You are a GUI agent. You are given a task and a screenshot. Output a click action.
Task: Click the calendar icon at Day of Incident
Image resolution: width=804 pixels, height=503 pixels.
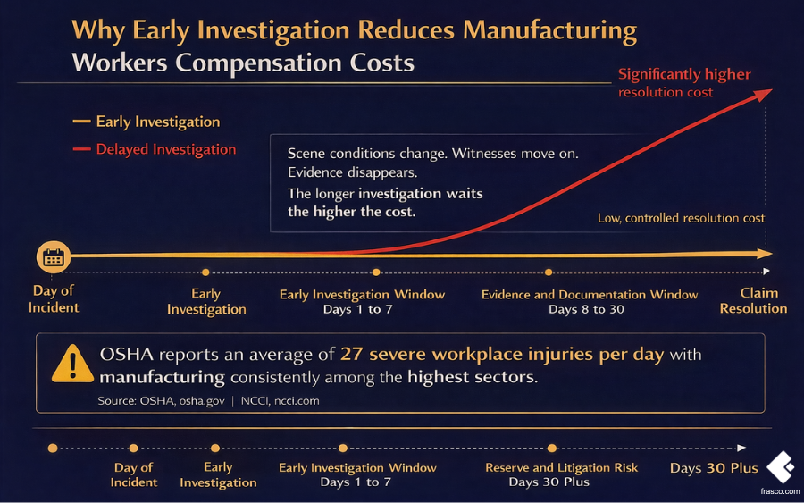[x=54, y=258]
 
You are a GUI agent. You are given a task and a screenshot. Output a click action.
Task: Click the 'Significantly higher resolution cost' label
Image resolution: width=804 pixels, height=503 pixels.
[x=684, y=82]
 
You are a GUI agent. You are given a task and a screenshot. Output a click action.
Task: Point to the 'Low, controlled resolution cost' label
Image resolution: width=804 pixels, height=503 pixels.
[x=681, y=218]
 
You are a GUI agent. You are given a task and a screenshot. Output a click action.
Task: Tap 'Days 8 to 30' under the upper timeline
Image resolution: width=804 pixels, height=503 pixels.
[x=586, y=309]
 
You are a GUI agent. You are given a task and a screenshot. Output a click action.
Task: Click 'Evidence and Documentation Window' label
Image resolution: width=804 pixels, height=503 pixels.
[x=590, y=294]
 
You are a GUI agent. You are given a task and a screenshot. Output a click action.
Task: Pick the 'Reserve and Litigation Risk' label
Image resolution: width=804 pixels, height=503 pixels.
[x=562, y=467]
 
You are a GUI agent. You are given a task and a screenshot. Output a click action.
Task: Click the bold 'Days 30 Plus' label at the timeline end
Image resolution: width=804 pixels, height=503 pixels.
[x=714, y=468]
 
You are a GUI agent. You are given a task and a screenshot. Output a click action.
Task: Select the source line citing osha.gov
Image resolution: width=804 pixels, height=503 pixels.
[x=208, y=401]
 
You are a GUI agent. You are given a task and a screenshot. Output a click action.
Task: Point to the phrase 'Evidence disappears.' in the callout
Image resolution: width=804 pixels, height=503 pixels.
[x=340, y=172]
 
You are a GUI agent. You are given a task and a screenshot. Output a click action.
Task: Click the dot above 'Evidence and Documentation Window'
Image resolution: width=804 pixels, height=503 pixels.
[x=549, y=272]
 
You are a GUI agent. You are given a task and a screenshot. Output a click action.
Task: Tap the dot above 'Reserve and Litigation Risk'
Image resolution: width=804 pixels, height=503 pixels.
[x=552, y=448]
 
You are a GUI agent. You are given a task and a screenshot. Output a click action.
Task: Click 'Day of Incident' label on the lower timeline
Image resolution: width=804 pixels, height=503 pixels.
[x=134, y=474]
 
